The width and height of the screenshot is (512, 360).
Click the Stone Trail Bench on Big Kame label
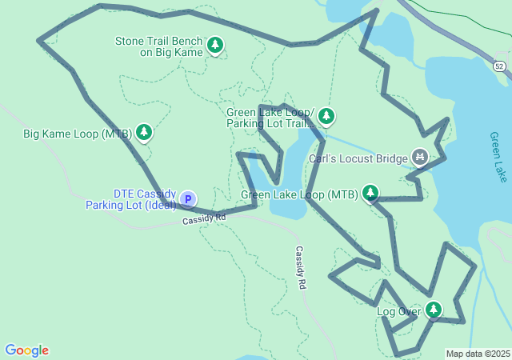pyautogui.click(x=159, y=46)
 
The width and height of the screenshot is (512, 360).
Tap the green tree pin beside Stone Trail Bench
pyautogui.click(x=215, y=46)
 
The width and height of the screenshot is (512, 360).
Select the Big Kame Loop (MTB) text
pyautogui.click(x=77, y=134)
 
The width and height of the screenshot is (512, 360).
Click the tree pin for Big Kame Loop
pyautogui.click(x=144, y=132)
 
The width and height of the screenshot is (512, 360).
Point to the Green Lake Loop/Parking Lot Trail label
pyautogui.click(x=270, y=118)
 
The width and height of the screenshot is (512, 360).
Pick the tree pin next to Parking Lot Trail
pyautogui.click(x=326, y=117)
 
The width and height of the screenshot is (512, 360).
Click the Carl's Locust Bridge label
pyautogui.click(x=358, y=158)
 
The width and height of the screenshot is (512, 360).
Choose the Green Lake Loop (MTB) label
pyautogui.click(x=299, y=194)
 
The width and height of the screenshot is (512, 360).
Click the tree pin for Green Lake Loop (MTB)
pyautogui.click(x=370, y=193)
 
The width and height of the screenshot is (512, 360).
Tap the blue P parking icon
pyautogui.click(x=187, y=198)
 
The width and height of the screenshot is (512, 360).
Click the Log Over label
pyautogui.click(x=398, y=311)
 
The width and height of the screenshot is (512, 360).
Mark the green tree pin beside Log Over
pyautogui.click(x=433, y=309)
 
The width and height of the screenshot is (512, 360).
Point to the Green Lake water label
pyautogui.click(x=498, y=157)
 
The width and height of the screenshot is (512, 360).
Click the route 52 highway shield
pyautogui.click(x=499, y=66)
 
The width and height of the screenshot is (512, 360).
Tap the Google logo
pyautogui.click(x=26, y=350)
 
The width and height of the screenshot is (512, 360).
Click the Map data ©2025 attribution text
pyautogui.click(x=478, y=354)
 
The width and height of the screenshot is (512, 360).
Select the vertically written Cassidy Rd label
pyautogui.click(x=301, y=267)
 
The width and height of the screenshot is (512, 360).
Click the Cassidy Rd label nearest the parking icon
pyautogui.click(x=204, y=218)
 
